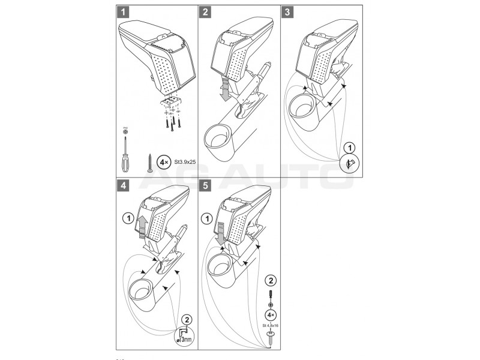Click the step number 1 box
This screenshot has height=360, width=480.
click(123, 11)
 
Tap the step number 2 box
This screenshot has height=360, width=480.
click(206, 11)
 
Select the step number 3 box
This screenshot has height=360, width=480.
click(289, 11)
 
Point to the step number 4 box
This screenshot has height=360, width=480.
click(123, 185)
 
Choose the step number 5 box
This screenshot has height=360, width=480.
click(206, 185)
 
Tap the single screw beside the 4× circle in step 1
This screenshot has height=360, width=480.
click(148, 163)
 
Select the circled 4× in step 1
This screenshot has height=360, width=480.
click(163, 161)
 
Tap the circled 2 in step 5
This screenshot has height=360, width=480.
click(271, 279)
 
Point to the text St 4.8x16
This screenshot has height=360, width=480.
click(271, 326)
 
